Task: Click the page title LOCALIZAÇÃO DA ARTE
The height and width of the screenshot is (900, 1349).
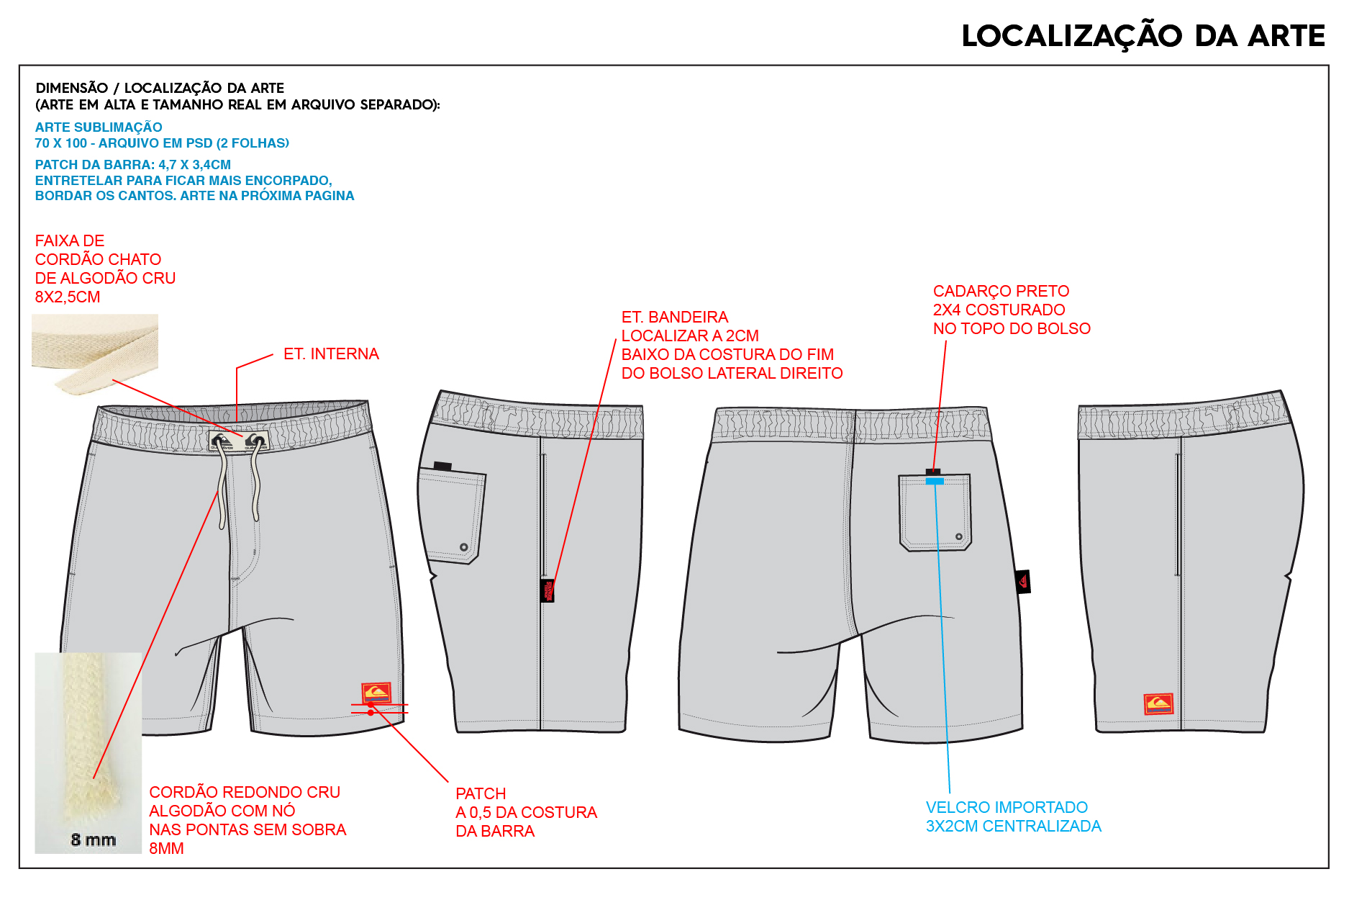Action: [1143, 35]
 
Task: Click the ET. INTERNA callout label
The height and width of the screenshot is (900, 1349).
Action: [331, 354]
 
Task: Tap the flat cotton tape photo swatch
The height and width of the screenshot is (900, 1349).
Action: [95, 354]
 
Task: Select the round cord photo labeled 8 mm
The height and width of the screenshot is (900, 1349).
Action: [88, 752]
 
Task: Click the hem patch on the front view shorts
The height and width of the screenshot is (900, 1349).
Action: [376, 693]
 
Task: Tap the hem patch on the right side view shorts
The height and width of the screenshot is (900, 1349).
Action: [1158, 703]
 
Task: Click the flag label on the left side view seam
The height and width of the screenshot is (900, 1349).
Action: [548, 590]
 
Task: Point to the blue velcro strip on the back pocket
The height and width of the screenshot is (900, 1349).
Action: [935, 481]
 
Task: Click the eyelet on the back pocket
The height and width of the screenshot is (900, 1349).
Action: [958, 536]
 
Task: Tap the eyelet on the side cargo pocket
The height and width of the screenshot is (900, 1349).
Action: [464, 547]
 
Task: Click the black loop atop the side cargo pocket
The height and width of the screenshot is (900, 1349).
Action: [442, 466]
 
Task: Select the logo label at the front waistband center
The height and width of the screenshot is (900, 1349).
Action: [238, 441]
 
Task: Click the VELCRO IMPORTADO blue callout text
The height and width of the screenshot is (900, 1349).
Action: [1013, 816]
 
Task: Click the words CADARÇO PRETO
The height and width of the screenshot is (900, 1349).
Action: [1001, 291]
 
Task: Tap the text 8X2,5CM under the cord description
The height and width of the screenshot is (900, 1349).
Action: [68, 297]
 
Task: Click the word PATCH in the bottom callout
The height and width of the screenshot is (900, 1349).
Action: [481, 793]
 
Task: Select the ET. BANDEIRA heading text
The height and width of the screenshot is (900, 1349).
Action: [674, 317]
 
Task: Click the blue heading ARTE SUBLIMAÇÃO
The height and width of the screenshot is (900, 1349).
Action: [99, 127]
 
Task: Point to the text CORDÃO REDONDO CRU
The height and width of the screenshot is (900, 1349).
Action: [245, 792]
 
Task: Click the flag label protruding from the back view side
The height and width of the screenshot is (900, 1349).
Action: [1023, 582]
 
